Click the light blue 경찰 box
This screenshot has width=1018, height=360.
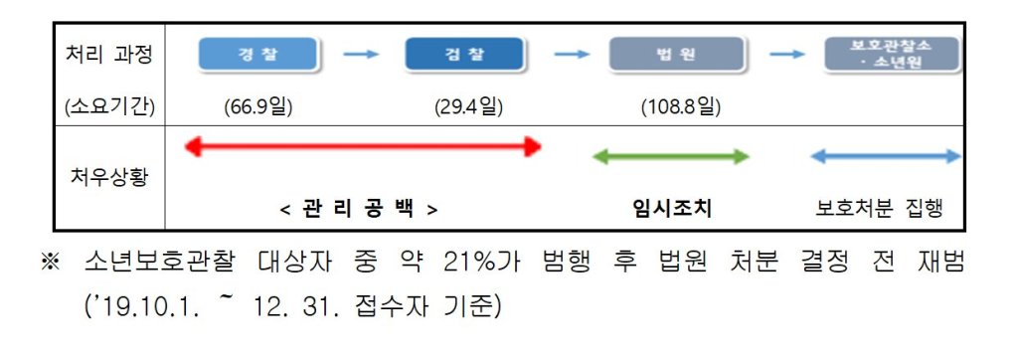pyautogui.click(x=258, y=54)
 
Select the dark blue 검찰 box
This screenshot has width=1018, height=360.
pyautogui.click(x=464, y=54)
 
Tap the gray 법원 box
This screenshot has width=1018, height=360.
pyautogui.click(x=676, y=54)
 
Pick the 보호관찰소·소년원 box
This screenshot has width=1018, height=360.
pyautogui.click(x=892, y=54)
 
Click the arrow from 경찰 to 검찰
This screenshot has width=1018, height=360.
pyautogui.click(x=361, y=55)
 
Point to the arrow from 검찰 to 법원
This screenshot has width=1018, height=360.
pyautogui.click(x=572, y=55)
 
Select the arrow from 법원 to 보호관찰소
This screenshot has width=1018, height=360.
pyautogui.click(x=787, y=55)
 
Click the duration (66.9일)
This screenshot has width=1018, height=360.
pyautogui.click(x=257, y=107)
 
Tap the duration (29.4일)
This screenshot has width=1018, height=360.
pyautogui.click(x=468, y=107)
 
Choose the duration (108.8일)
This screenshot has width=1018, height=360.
pyautogui.click(x=680, y=107)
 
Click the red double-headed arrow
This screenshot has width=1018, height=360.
pyautogui.click(x=363, y=147)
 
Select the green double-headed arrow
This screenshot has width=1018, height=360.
pyautogui.click(x=671, y=156)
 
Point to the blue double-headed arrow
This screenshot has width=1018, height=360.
pyautogui.click(x=886, y=156)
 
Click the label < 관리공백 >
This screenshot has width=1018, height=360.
pyautogui.click(x=359, y=209)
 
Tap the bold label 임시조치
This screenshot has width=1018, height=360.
pyautogui.click(x=671, y=209)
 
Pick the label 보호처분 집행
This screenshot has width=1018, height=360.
pyautogui.click(x=879, y=209)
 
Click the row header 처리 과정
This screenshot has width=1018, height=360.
pyautogui.click(x=109, y=55)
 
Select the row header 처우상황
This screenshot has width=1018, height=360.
pyautogui.click(x=109, y=176)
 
